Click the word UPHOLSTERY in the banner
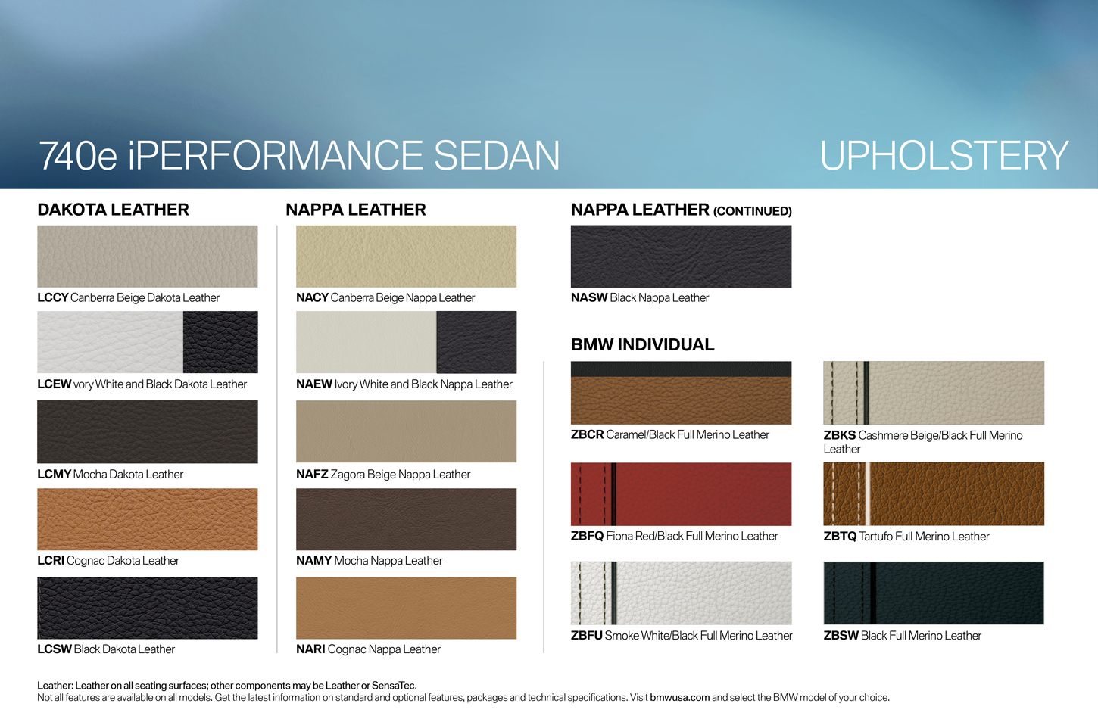[944, 155]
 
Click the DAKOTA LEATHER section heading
[114, 210]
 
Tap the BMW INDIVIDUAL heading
[643, 344]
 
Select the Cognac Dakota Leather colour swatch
[148, 519]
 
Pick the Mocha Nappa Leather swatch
[407, 519]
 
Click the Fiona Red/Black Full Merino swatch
[681, 493]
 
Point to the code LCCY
[53, 297]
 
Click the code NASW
[589, 297]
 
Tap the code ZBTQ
[840, 537]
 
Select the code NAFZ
[312, 474]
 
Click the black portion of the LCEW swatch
[220, 342]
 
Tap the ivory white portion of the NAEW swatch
[367, 342]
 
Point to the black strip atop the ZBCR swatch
[681, 369]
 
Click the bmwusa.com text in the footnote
[679, 698]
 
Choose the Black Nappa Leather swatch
[681, 256]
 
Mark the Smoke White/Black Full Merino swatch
[681, 593]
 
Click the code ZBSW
[841, 635]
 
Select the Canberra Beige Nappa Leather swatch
[407, 256]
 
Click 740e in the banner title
[78, 156]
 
